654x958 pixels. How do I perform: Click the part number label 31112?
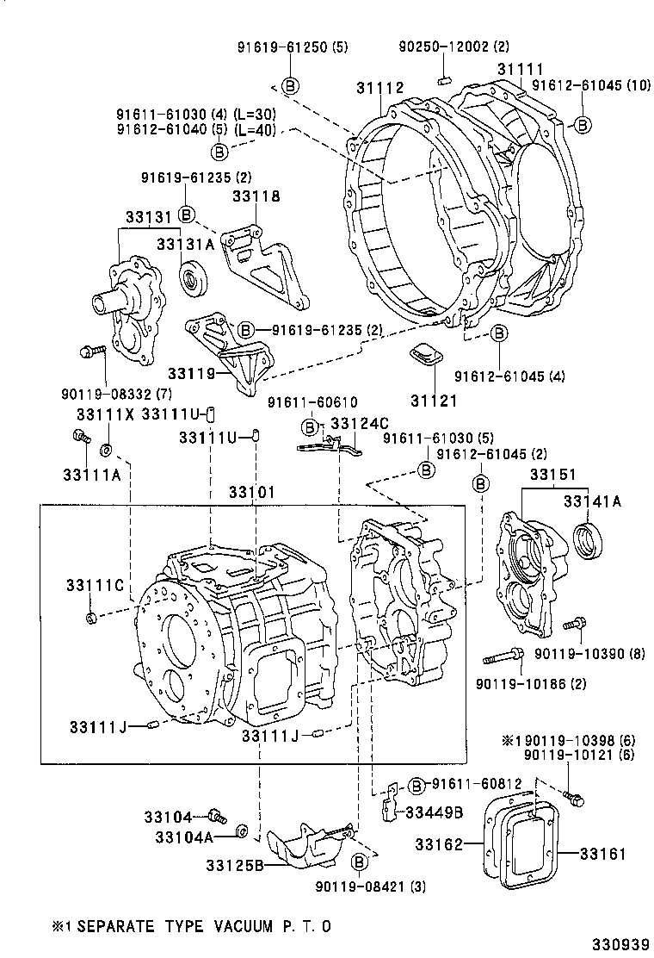[380, 88]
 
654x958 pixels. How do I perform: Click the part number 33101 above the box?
[251, 493]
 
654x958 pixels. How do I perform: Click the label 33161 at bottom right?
[602, 854]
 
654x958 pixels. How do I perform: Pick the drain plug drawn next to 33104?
[216, 815]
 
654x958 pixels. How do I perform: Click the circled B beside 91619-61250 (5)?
[290, 85]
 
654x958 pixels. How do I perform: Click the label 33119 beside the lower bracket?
[190, 373]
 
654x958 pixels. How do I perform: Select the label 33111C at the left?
[89, 586]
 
